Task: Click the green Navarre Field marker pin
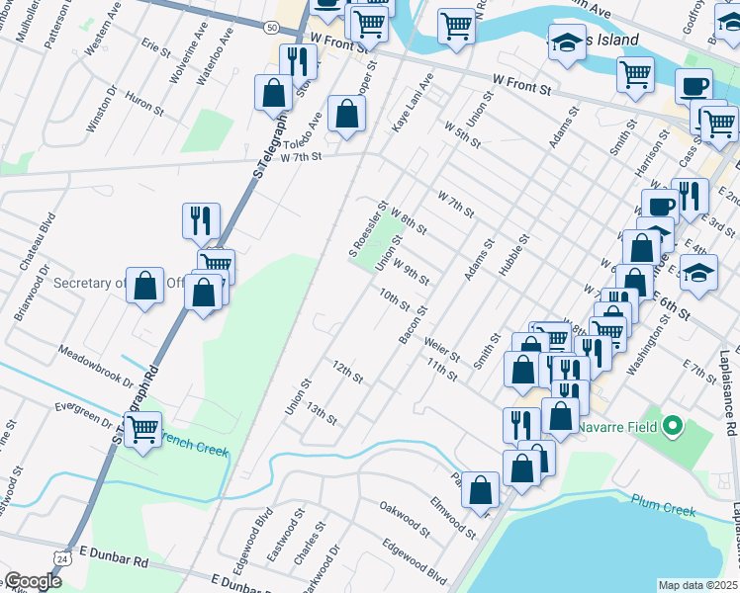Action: click(673, 427)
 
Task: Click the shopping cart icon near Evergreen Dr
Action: click(143, 429)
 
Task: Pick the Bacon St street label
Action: click(412, 325)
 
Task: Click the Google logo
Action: click(32, 581)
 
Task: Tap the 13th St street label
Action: click(322, 414)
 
